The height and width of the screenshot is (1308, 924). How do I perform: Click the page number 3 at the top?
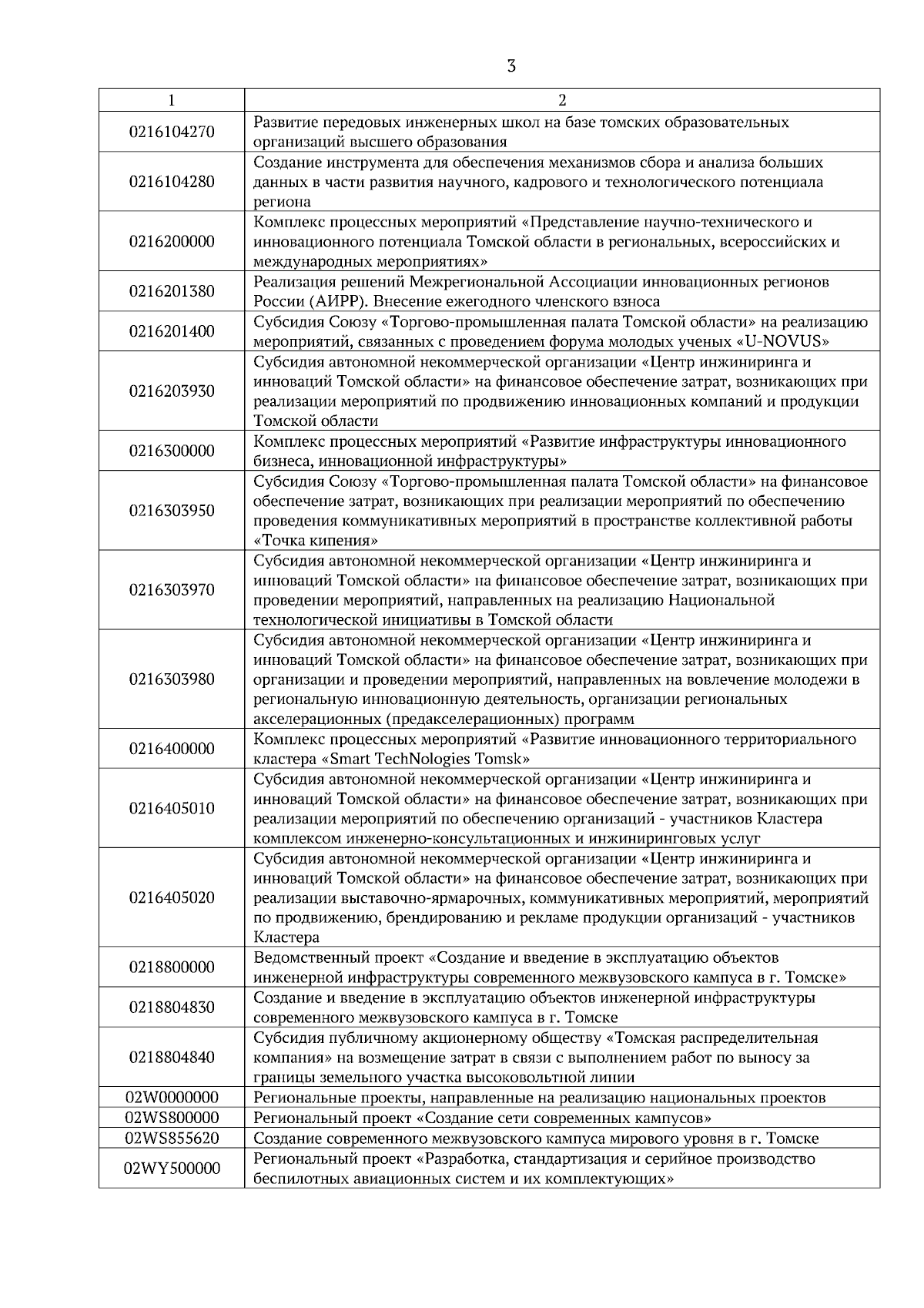[x=511, y=66]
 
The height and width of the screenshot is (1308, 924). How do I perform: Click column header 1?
[x=171, y=100]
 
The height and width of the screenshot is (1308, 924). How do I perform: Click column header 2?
[x=562, y=100]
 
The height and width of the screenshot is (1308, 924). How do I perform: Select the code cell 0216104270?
[x=172, y=132]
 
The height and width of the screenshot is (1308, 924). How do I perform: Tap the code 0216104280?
[x=172, y=182]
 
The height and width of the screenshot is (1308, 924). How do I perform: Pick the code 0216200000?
[x=172, y=241]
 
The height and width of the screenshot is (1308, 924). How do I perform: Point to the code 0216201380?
[x=172, y=291]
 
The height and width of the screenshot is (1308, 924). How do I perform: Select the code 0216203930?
[x=172, y=391]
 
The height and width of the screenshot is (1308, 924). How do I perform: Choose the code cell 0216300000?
[x=172, y=451]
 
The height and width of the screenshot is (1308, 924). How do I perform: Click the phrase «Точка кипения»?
[x=316, y=540]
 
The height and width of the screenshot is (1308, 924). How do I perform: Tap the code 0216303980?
[x=172, y=679]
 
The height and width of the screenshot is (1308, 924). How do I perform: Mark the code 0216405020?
[x=172, y=897]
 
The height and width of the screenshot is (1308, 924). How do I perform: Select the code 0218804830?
[x=172, y=1007]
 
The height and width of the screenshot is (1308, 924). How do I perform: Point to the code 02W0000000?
[x=172, y=1097]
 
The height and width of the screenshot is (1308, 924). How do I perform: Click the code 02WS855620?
[x=172, y=1138]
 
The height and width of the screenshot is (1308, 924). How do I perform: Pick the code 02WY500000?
[x=172, y=1169]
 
